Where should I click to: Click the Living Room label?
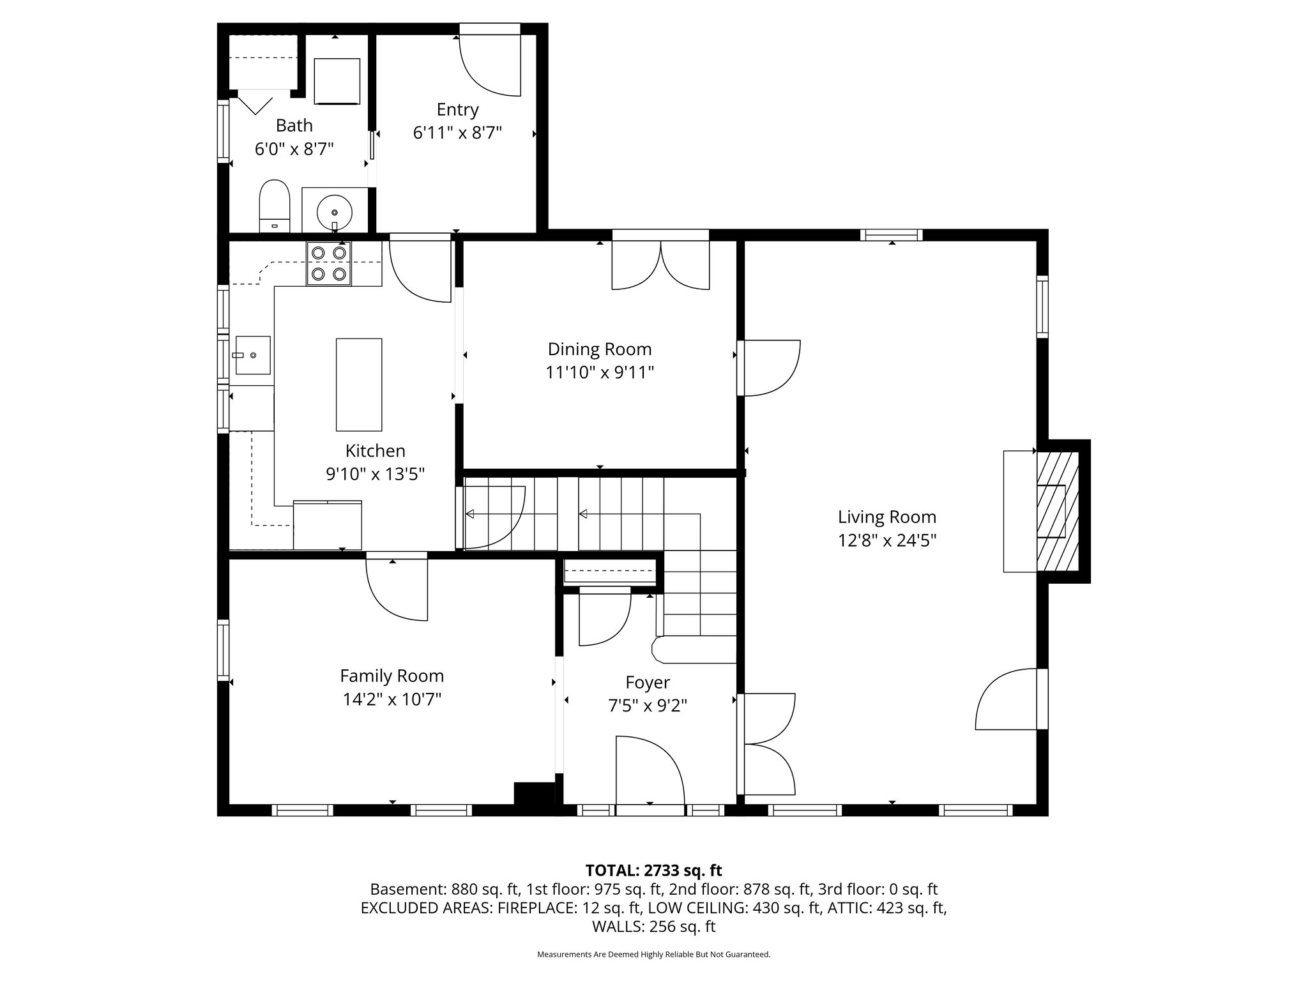point(887,517)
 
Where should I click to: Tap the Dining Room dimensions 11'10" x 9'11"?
point(600,372)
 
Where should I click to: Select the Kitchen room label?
point(376,451)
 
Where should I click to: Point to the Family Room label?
point(392,676)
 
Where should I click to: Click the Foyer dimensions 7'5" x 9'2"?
point(648,706)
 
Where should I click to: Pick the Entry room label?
point(458,110)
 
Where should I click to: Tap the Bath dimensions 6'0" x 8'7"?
point(294,149)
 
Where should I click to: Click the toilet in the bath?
point(275,206)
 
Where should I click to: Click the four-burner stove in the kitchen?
point(329,263)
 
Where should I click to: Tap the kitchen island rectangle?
point(359,384)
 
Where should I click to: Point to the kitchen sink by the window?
point(253,355)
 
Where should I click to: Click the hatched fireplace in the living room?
point(1058,512)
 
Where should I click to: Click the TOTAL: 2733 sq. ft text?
point(653,871)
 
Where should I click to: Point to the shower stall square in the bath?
point(337,80)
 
